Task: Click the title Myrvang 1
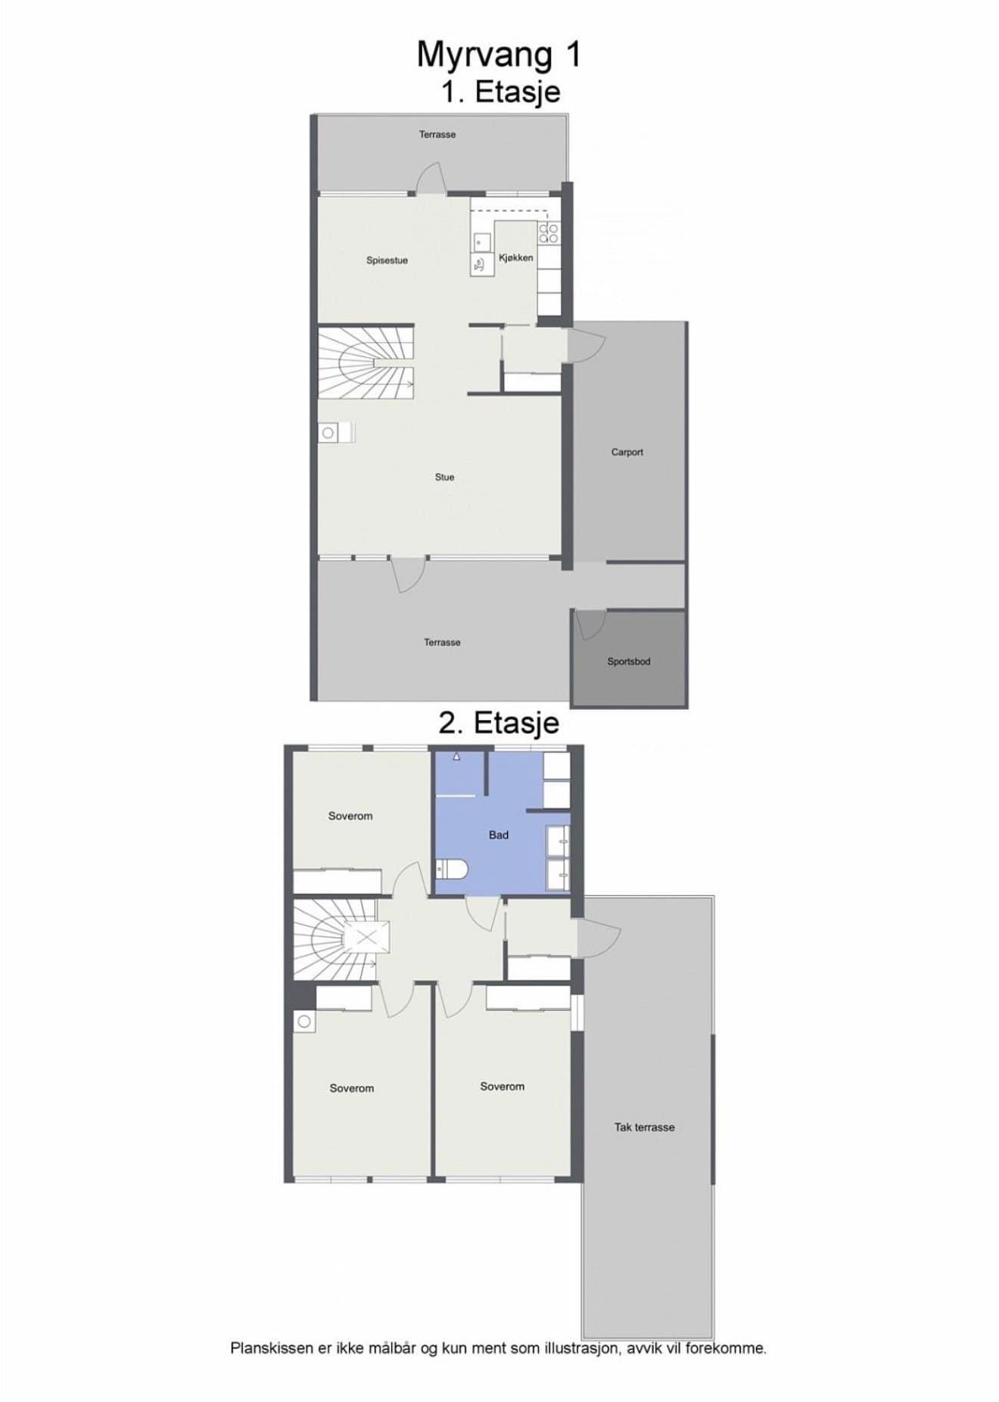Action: [499, 54]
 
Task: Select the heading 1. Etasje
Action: [501, 92]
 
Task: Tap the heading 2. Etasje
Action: [499, 723]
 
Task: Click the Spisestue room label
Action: [387, 260]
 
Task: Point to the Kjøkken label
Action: [516, 258]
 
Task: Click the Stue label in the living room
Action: [444, 477]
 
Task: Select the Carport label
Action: [627, 452]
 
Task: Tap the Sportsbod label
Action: [629, 661]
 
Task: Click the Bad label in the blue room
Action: [499, 835]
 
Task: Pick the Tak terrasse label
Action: [644, 1127]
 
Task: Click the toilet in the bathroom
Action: [452, 869]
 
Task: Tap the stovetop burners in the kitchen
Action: [549, 233]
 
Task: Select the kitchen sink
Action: [482, 242]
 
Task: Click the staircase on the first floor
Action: [366, 362]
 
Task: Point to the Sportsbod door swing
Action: [590, 625]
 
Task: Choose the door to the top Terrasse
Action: [431, 179]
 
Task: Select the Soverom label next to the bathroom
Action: [350, 816]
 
